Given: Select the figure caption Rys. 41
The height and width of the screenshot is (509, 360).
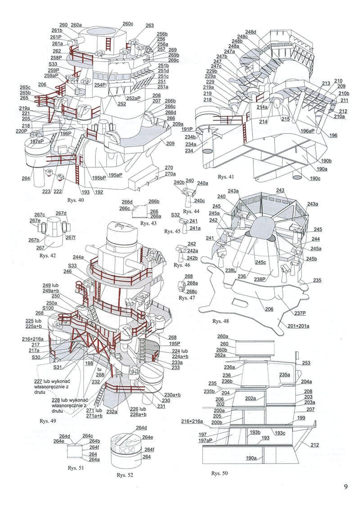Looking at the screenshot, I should (225, 177).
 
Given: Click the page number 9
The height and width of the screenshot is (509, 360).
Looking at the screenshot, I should (346, 487).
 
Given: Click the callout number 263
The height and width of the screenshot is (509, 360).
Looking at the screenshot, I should (149, 26).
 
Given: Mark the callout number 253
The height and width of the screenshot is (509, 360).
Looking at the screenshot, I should (306, 363).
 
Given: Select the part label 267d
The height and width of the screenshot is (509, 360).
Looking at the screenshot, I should (61, 213).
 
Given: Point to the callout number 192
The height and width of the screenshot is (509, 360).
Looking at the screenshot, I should (99, 192).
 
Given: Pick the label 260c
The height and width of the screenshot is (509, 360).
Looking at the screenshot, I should (128, 24).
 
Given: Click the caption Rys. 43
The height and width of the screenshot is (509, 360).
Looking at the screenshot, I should (148, 223).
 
